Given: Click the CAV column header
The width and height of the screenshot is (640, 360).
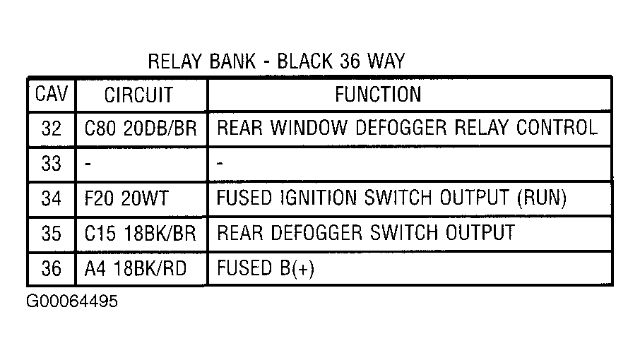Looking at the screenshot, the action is (x=52, y=94).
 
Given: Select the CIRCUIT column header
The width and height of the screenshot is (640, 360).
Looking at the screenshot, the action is (x=138, y=95).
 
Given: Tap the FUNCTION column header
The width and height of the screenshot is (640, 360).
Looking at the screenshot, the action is (x=378, y=94).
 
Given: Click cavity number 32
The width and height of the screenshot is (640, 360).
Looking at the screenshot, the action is (x=52, y=128).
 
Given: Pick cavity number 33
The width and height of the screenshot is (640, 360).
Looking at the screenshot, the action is (x=52, y=164).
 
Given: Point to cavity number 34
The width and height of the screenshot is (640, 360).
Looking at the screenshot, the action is (x=52, y=198).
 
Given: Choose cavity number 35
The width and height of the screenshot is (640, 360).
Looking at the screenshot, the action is (x=52, y=234).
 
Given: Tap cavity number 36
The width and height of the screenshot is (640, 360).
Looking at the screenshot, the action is (x=52, y=269).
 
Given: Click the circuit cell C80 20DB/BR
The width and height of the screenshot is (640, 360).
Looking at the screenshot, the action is (x=141, y=128).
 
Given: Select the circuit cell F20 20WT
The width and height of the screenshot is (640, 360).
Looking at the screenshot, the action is (x=126, y=198).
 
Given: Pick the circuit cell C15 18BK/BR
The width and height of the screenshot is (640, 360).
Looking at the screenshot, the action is (x=140, y=234).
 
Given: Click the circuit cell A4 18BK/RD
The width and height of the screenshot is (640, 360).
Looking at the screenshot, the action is (x=136, y=269).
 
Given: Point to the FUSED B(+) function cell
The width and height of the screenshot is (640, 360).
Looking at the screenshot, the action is (x=266, y=269).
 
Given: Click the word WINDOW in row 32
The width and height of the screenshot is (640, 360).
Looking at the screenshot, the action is (x=309, y=128).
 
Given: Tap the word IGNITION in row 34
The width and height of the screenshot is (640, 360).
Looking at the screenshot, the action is (x=319, y=198).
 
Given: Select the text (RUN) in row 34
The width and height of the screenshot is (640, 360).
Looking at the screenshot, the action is (x=542, y=198).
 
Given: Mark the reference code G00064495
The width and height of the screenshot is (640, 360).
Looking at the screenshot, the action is (x=72, y=301).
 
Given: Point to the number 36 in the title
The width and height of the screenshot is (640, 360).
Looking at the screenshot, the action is (x=350, y=61).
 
